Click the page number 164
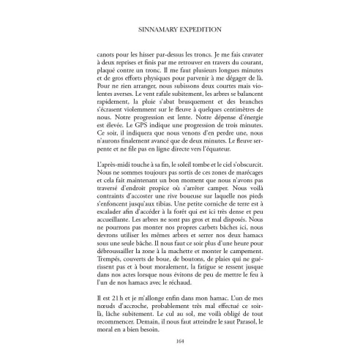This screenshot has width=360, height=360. (x=179, y=340)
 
